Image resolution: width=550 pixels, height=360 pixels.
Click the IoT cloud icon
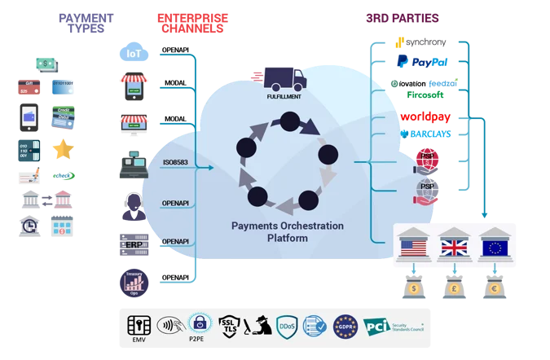[x=132, y=52]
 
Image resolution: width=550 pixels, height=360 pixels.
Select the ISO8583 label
[x=175, y=161]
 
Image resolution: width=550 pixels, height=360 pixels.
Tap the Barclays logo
[x=425, y=134]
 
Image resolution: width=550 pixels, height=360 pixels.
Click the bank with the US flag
[x=412, y=244]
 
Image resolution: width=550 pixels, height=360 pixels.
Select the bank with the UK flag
[x=454, y=244]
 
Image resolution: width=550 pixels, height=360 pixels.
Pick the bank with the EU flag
[x=495, y=244]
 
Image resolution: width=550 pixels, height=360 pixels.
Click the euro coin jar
[x=495, y=288]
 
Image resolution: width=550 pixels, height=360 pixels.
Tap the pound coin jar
[x=454, y=288]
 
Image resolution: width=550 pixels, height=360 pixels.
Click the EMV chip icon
[x=139, y=326]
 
